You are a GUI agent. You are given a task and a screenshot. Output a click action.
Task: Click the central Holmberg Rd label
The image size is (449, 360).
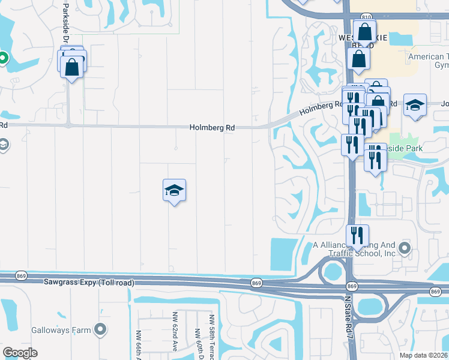[x=212, y=128]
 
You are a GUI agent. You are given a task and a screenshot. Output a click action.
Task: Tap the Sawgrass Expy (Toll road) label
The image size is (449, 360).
[x=89, y=282]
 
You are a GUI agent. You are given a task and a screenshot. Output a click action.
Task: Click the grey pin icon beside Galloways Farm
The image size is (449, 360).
[x=100, y=329]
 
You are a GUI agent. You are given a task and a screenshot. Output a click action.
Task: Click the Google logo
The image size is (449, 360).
[x=20, y=353]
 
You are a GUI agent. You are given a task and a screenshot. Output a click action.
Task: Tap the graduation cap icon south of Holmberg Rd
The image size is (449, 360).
[x=174, y=191]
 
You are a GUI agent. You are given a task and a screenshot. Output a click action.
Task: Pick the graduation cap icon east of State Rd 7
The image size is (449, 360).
[x=415, y=106]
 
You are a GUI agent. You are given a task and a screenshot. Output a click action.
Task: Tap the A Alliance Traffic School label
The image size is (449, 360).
[x=355, y=249]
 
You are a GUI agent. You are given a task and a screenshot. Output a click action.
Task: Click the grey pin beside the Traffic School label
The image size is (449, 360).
[x=406, y=248]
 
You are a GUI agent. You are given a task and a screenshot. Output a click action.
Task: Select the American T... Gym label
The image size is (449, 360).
[x=427, y=61]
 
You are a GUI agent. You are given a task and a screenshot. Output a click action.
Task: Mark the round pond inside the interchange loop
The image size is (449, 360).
[x=332, y=272]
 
